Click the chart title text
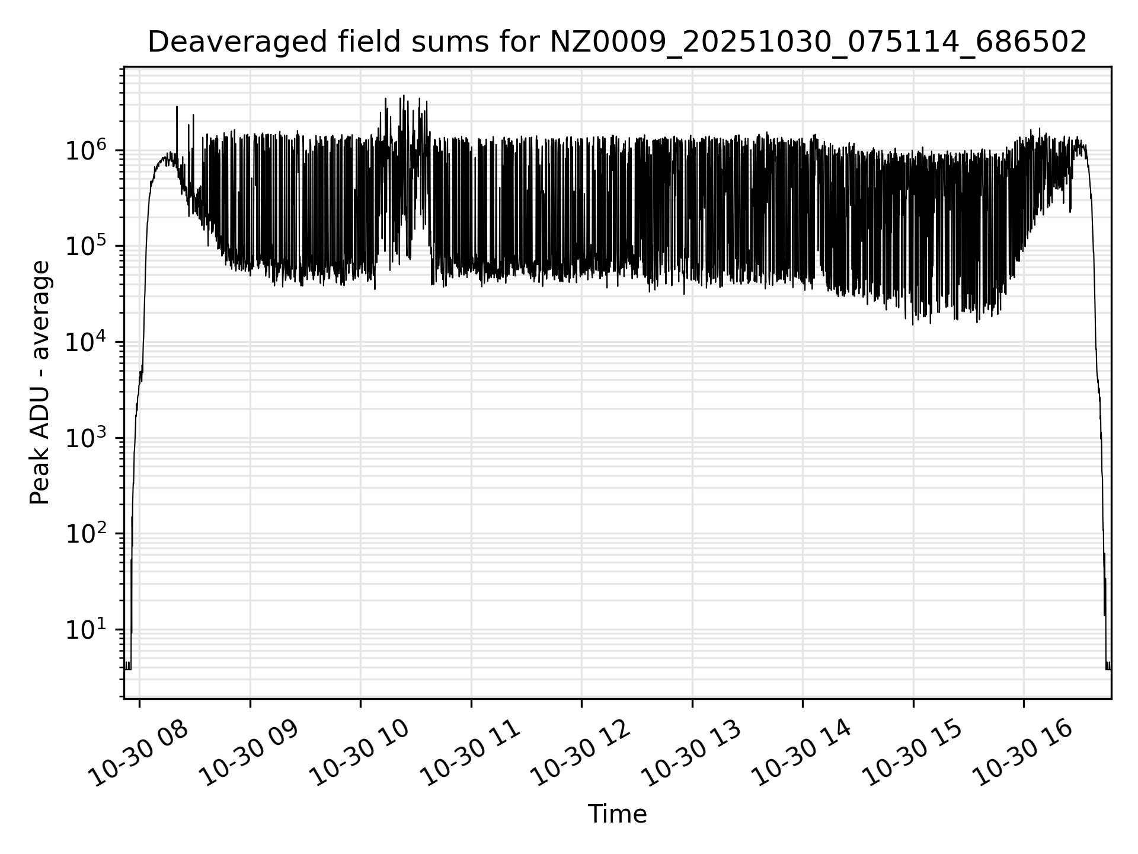[x=616, y=43]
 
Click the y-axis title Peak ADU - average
[x=40, y=383]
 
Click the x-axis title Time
[x=616, y=814]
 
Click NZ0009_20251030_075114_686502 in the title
[x=818, y=43]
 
